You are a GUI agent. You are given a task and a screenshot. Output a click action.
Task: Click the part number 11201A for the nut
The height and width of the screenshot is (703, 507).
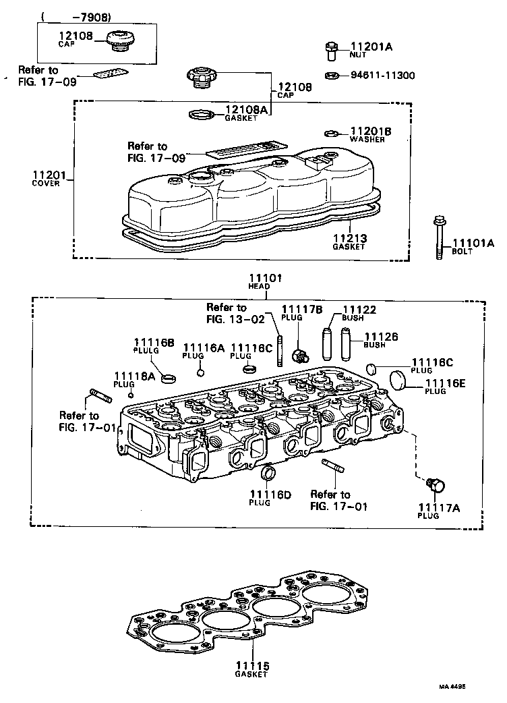[371, 47]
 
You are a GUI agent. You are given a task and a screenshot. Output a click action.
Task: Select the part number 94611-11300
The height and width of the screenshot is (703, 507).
[382, 74]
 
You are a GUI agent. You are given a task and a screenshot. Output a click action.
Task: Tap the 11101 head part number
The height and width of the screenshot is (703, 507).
[267, 278]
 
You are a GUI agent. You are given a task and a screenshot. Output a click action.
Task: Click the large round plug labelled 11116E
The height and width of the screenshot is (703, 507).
[400, 381]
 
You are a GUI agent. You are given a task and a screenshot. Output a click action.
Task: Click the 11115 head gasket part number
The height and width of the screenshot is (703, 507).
[252, 666]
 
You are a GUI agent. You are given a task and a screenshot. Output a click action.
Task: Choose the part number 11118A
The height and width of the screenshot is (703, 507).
[134, 376]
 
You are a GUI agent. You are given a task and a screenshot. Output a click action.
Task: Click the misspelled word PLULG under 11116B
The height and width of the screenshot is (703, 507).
[154, 351]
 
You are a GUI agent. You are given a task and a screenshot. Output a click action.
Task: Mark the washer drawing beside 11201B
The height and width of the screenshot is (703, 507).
[331, 132]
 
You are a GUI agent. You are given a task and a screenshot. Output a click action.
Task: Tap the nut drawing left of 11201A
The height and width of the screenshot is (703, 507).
[333, 47]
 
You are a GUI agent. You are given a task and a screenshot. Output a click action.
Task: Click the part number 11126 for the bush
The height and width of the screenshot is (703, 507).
[382, 336]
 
